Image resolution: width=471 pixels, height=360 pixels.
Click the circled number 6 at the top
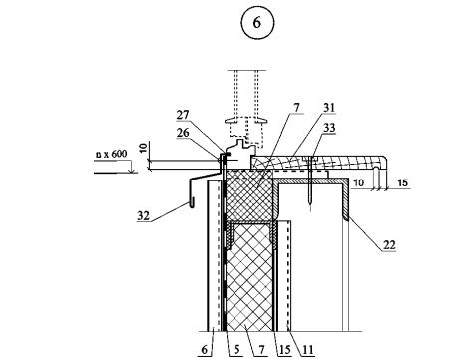tap(257, 23)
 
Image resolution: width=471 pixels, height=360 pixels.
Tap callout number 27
tap(183, 116)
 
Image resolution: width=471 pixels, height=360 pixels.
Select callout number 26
tap(183, 133)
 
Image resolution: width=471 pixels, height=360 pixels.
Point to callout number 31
tap(329, 108)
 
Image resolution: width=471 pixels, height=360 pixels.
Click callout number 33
tap(329, 128)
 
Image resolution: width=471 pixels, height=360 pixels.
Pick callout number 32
tap(144, 216)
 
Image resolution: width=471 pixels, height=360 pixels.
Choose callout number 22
tap(389, 245)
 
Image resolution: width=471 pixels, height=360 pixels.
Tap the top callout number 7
tap(296, 108)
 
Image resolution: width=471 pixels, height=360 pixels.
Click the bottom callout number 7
tap(261, 350)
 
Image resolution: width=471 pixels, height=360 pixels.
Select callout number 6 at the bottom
tap(205, 350)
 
